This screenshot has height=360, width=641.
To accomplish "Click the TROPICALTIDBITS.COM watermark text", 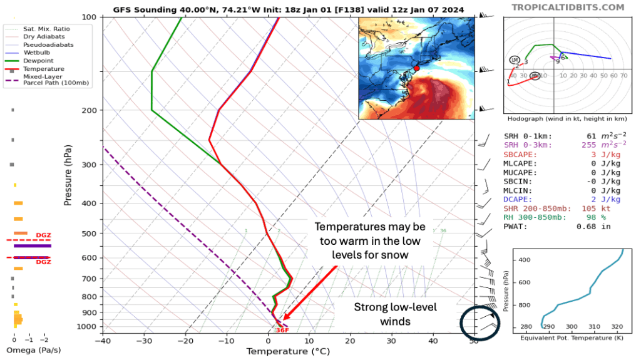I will click(568, 8).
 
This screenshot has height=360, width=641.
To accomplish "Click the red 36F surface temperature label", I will click(282, 330).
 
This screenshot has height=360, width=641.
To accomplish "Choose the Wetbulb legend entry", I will click(38, 52).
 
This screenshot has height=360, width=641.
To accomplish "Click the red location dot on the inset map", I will click(416, 67).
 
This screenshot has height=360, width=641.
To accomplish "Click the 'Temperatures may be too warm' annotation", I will click(369, 240).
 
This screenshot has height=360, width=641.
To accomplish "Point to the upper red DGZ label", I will click(43, 235).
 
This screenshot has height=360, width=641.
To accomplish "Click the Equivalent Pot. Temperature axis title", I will click(571, 338).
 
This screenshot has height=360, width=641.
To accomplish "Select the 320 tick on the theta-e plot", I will click(617, 327).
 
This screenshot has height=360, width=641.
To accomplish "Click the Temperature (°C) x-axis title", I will click(287, 351).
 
